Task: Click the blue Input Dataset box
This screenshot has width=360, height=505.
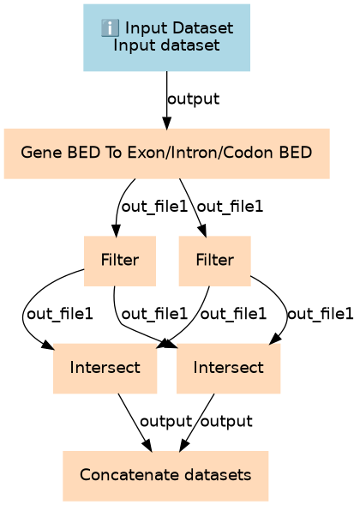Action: tap(167, 38)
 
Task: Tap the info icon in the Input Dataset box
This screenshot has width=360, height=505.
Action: tap(110, 27)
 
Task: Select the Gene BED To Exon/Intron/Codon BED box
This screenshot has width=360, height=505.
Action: tap(167, 153)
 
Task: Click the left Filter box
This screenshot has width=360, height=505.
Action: tap(120, 261)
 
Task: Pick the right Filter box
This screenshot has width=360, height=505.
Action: tap(215, 261)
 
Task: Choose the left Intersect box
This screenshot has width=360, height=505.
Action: tap(105, 369)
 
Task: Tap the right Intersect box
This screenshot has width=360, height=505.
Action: tap(228, 369)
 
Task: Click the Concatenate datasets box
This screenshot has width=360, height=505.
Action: tap(165, 476)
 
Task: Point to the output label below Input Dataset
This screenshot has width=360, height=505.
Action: tap(194, 99)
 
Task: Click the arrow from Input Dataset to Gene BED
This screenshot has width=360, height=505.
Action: tap(167, 100)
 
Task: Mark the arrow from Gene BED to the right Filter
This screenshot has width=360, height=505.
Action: tap(193, 207)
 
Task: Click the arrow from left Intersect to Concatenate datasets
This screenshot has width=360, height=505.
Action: tap(135, 422)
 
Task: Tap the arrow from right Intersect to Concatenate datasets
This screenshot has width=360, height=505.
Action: tap(197, 422)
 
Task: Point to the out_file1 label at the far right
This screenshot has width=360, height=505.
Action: tap(320, 314)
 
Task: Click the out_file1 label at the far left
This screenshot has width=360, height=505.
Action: tap(60, 314)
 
